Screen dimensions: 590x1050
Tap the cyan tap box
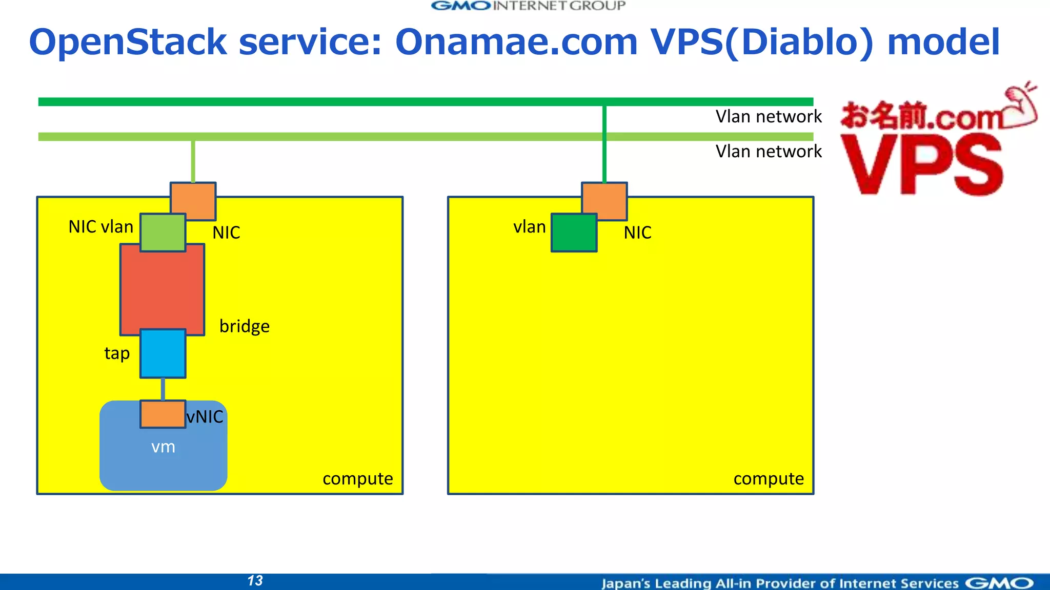click(x=163, y=353)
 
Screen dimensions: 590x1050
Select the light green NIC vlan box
click(x=163, y=233)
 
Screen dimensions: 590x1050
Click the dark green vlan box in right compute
click(x=574, y=233)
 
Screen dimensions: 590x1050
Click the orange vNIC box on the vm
click(x=163, y=414)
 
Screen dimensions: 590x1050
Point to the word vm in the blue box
click(x=163, y=447)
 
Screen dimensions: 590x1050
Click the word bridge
click(x=245, y=326)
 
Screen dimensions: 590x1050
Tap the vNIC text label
click(x=205, y=417)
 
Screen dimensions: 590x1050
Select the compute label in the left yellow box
click(x=357, y=478)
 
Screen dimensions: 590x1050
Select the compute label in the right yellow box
click(x=769, y=478)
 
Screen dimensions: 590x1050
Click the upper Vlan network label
click(x=768, y=117)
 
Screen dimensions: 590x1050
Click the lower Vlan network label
click(x=768, y=152)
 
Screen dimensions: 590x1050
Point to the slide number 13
click(x=255, y=581)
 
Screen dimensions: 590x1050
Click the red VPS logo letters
click(x=921, y=165)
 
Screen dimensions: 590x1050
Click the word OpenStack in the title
click(x=128, y=42)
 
